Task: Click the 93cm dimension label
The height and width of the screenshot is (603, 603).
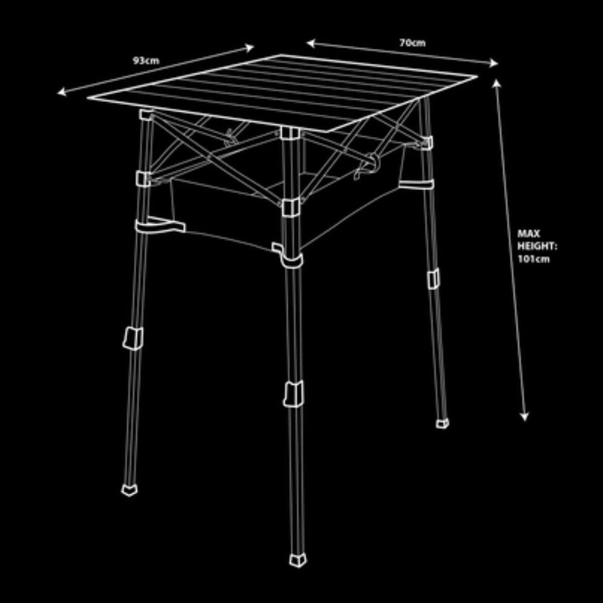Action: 146,60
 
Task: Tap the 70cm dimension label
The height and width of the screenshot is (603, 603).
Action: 412,43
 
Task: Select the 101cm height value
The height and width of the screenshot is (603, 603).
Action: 534,259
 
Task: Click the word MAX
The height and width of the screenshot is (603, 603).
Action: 528,233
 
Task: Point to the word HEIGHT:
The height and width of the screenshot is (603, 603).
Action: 537,246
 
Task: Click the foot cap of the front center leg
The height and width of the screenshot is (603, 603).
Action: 298,560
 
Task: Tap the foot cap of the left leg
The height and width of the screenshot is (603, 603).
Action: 129,490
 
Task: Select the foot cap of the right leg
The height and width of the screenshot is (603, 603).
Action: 442,423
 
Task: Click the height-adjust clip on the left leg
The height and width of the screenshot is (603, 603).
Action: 133,338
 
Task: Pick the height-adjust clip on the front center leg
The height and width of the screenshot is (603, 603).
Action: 294,394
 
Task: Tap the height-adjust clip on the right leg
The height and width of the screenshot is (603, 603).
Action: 434,279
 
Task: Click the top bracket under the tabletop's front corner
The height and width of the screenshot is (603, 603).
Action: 289,133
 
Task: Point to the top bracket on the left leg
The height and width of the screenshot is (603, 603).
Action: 146,115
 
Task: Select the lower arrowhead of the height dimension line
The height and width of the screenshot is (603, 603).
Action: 525,417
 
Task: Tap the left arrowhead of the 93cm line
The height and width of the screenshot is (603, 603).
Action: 62,92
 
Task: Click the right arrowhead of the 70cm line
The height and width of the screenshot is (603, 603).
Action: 494,63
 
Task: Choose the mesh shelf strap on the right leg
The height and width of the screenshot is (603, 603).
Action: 416,185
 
